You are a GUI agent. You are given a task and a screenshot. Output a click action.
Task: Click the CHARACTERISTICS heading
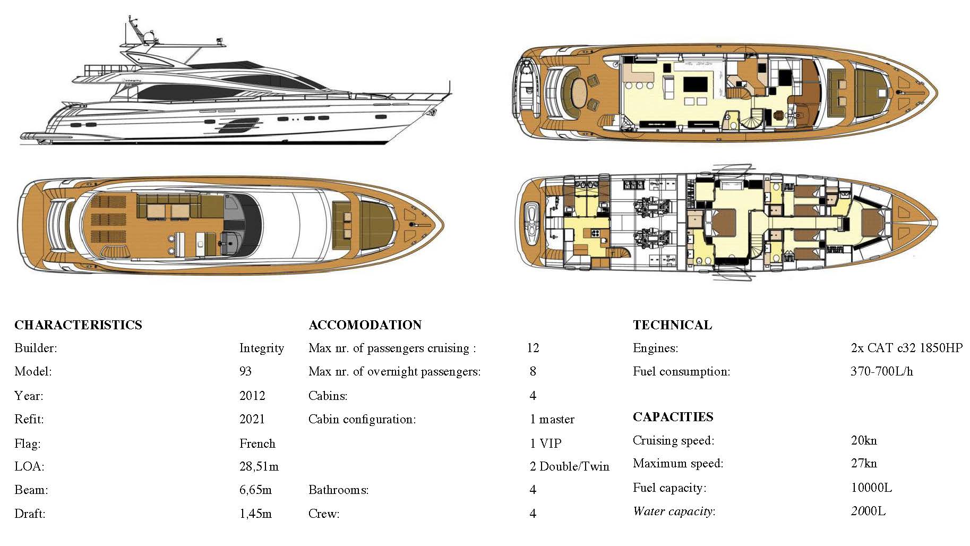pos(78,325)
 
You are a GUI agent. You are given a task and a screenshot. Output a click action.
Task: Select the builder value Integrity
pos(261,348)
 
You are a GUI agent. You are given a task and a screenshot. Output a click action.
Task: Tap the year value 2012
pos(252,396)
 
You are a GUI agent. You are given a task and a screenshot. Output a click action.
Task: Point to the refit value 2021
pos(252,419)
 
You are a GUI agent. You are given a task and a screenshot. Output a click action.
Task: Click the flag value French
pos(257,443)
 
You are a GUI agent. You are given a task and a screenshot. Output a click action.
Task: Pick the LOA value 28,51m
pos(259,466)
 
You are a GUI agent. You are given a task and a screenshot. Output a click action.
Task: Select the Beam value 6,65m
pos(255,490)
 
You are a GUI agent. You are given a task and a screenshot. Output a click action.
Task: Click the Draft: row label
pos(30,514)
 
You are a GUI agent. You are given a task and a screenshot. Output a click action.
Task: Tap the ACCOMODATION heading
pos(365,325)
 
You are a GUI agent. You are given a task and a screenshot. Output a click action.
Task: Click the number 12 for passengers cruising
pos(533,348)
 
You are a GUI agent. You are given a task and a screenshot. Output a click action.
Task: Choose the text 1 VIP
pos(545,443)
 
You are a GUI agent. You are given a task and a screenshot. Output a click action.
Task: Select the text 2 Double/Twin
pos(569,466)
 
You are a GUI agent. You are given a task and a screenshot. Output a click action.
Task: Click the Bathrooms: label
pos(338,490)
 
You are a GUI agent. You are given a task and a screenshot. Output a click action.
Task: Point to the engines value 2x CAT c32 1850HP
pos(906,348)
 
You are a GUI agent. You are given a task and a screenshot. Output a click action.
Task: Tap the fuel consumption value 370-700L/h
pos(881,371)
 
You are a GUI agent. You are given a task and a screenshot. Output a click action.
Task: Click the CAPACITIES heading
pos(673,417)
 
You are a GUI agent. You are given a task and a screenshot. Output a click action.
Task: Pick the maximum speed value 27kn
pos(864,463)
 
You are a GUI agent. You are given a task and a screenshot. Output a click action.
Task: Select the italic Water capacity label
pos(674,511)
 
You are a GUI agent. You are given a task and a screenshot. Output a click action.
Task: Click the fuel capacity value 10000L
pos(871,488)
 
